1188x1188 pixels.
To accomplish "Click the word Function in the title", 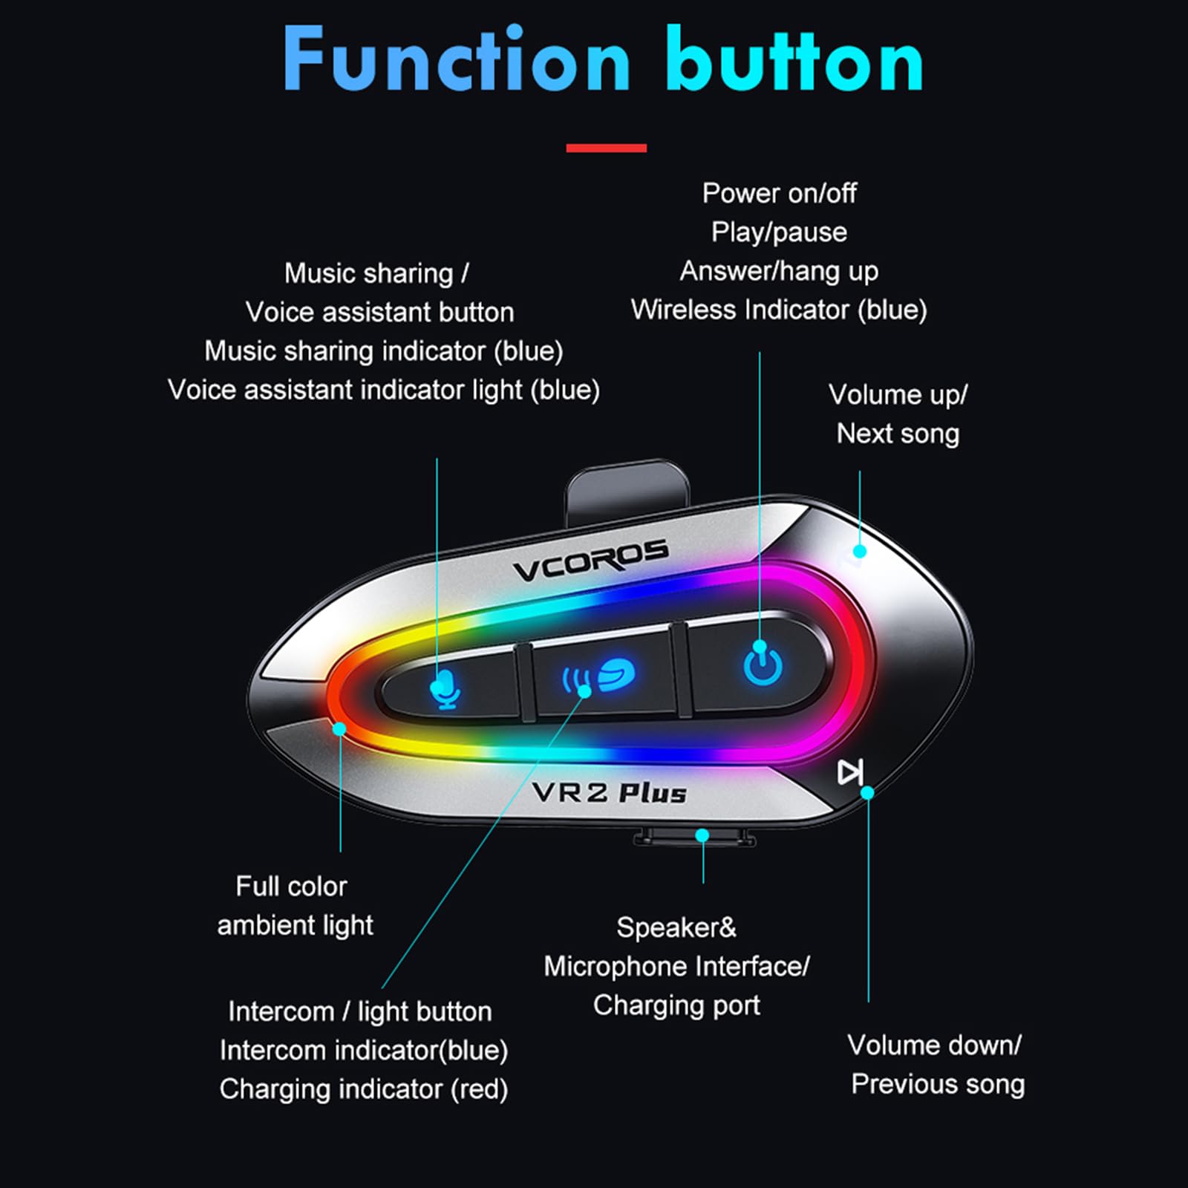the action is click(x=456, y=59).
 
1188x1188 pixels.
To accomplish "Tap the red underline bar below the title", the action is click(x=606, y=148).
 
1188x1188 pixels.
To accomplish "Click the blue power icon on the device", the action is click(x=763, y=663).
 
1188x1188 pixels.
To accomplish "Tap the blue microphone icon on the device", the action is click(x=446, y=689).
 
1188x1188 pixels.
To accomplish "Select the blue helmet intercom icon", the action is click(x=598, y=676).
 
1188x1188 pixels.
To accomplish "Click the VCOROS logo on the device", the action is click(x=590, y=561).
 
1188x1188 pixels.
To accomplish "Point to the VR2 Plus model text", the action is click(x=610, y=792).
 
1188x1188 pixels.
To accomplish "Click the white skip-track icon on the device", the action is click(x=850, y=772).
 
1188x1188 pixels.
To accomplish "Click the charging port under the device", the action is click(x=694, y=837).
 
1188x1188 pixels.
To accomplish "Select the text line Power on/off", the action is click(x=779, y=193).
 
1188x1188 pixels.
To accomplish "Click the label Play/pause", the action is click(x=779, y=232).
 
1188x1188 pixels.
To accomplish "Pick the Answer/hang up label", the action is click(x=779, y=272).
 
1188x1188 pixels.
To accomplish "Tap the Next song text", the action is click(x=898, y=434).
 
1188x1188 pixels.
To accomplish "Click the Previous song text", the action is click(x=938, y=1085).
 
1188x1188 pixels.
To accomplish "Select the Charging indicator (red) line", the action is click(x=364, y=1089).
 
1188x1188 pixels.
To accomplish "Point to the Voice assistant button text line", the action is click(x=379, y=313).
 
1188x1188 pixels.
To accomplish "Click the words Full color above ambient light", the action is click(x=291, y=886).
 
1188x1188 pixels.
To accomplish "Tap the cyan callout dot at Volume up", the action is click(x=860, y=551).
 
